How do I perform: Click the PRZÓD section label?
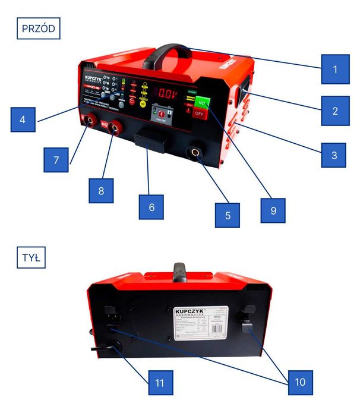tap(39, 29)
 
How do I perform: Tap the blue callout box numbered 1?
tap(334, 69)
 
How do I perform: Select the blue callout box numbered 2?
tap(334, 111)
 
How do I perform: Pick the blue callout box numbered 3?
tap(334, 155)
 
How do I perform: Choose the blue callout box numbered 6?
tap(151, 207)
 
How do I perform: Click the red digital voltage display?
tap(165, 93)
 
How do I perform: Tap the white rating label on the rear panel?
tap(197, 326)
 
